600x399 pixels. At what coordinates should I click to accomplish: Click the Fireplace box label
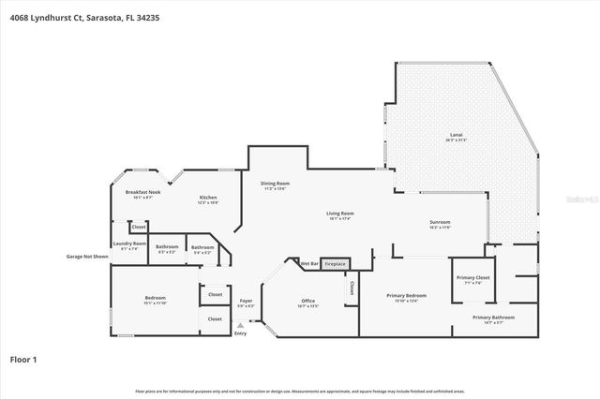[x=336, y=265]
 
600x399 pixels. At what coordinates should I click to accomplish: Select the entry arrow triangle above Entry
[x=241, y=325]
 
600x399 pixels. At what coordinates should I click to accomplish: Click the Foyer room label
[x=245, y=303]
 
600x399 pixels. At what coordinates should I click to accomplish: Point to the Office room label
[x=307, y=303]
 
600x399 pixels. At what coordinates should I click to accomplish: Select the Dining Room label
[x=275, y=185]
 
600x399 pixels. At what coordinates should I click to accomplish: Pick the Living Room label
[x=339, y=215]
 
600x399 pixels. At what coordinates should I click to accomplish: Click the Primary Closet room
[x=473, y=280]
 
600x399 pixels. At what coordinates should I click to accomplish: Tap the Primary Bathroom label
[x=494, y=319]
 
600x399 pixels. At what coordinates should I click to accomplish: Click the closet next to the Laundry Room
[x=139, y=227]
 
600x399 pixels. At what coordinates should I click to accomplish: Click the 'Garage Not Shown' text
[x=87, y=256]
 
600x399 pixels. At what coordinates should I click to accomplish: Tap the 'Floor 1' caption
[x=23, y=359]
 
